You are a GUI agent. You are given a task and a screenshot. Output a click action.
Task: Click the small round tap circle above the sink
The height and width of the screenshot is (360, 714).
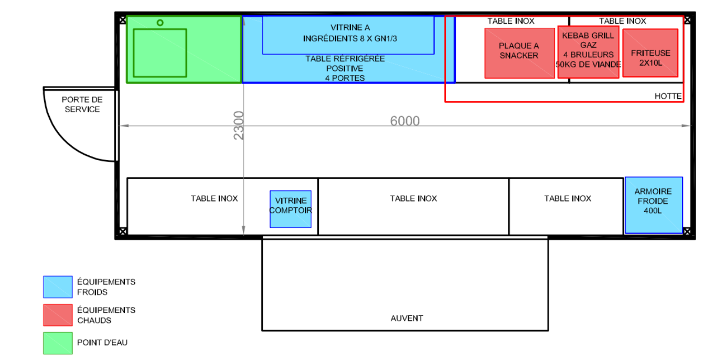click(x=160, y=23)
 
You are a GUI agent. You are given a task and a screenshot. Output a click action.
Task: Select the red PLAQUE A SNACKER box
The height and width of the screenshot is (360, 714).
click(x=519, y=53)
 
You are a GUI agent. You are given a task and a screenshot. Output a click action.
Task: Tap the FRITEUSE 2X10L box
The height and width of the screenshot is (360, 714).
click(x=650, y=53)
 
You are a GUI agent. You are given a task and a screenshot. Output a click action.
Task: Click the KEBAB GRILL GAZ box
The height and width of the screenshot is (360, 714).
click(x=589, y=52)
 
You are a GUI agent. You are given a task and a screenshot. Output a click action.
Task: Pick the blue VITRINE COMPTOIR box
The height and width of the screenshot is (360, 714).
click(x=291, y=209)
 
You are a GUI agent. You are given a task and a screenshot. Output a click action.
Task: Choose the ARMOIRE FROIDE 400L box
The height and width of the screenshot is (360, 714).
click(x=654, y=205)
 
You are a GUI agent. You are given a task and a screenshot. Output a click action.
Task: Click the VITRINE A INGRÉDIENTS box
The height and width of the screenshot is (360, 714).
click(x=348, y=35)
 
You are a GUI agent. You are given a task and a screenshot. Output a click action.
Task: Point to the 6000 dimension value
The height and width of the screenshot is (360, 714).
click(x=405, y=121)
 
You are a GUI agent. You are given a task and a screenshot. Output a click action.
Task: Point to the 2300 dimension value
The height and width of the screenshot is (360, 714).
click(x=238, y=125)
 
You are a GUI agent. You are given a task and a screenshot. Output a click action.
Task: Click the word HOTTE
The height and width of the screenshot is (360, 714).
click(x=668, y=96)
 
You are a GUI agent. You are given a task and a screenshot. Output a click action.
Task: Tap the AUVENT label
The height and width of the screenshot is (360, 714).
click(x=407, y=318)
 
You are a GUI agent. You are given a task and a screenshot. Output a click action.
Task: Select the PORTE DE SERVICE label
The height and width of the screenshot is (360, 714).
click(x=82, y=104)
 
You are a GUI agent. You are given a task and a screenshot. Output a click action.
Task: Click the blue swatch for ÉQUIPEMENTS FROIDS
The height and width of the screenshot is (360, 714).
click(x=58, y=287)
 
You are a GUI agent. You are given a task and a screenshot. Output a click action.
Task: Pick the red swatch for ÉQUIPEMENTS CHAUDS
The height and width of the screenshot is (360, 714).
click(x=58, y=315)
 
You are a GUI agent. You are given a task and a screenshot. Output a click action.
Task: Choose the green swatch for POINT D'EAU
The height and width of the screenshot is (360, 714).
click(x=58, y=343)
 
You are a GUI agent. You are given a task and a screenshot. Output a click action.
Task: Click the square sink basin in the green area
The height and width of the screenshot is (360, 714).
click(x=160, y=53)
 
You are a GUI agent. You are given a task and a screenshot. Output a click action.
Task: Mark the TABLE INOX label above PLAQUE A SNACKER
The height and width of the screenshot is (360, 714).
click(x=510, y=21)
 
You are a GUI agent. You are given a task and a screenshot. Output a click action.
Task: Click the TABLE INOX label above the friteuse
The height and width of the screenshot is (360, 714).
click(x=623, y=21)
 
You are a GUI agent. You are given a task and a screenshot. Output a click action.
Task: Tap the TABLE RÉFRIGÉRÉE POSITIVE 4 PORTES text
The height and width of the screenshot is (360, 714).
click(x=345, y=68)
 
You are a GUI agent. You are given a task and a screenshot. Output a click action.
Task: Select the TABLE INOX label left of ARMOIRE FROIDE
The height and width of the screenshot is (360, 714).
click(x=568, y=198)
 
